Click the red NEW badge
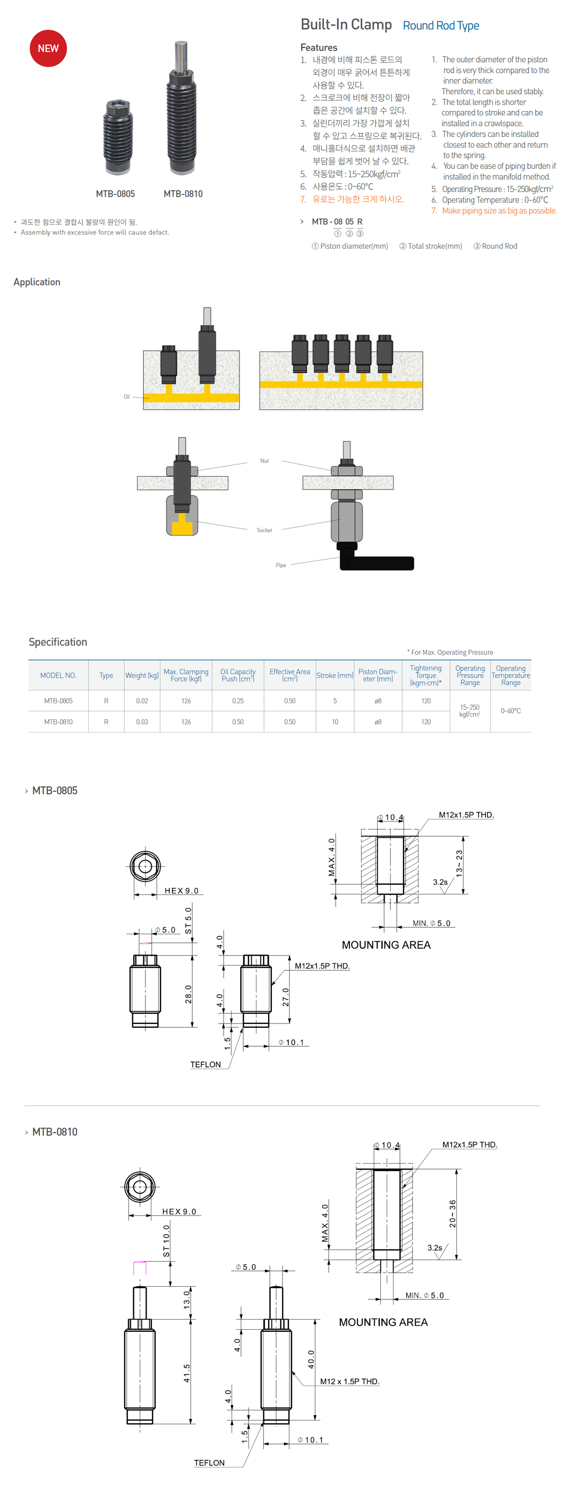[x=48, y=48]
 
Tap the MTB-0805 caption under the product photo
[x=115, y=194]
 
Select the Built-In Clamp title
[x=346, y=24]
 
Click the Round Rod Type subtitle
[x=441, y=25]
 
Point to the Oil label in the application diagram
[x=126, y=397]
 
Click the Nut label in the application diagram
[x=264, y=461]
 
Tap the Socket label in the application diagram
[x=264, y=530]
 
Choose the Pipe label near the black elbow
[x=280, y=565]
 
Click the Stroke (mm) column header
[x=335, y=675]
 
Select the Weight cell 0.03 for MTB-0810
[x=142, y=722]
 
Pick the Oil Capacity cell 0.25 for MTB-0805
[x=237, y=701]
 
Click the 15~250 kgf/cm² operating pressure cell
[x=469, y=711]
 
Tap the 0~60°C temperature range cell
[x=510, y=711]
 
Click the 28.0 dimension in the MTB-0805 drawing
[x=188, y=994]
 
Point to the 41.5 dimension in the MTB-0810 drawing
[x=187, y=1373]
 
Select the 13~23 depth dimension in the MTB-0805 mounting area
[x=459, y=863]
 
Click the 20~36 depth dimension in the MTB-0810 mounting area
[x=453, y=1213]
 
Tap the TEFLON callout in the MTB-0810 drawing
[x=209, y=1462]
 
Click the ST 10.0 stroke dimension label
[x=166, y=1241]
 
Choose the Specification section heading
[x=58, y=641]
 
